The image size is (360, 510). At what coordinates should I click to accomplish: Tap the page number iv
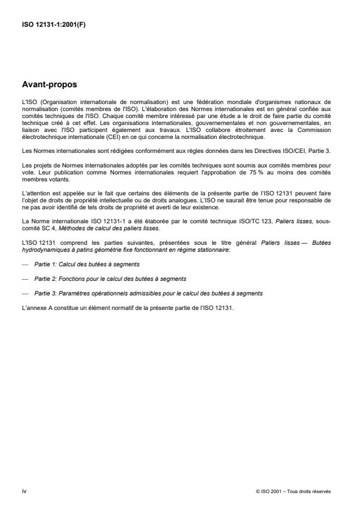pyautogui.click(x=23, y=491)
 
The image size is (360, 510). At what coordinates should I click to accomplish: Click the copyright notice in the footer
pyautogui.click(x=293, y=491)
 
